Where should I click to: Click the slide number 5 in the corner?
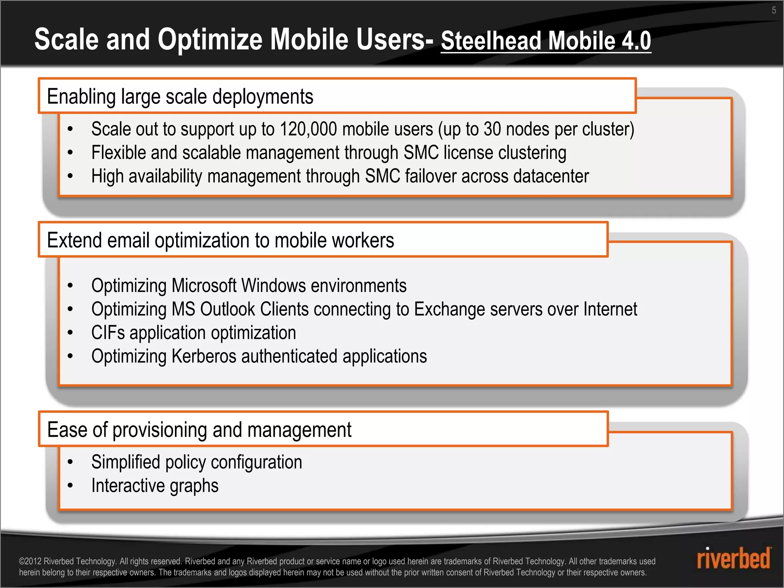(774, 10)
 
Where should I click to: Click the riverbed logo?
(733, 558)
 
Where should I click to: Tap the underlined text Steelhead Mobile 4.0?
(546, 41)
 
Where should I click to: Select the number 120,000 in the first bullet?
(309, 129)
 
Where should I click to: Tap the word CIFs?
(108, 333)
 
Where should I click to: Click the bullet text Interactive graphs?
(155, 486)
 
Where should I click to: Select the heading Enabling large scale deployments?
(180, 96)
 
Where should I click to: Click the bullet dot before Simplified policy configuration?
(70, 462)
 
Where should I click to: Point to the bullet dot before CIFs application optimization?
(70, 333)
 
